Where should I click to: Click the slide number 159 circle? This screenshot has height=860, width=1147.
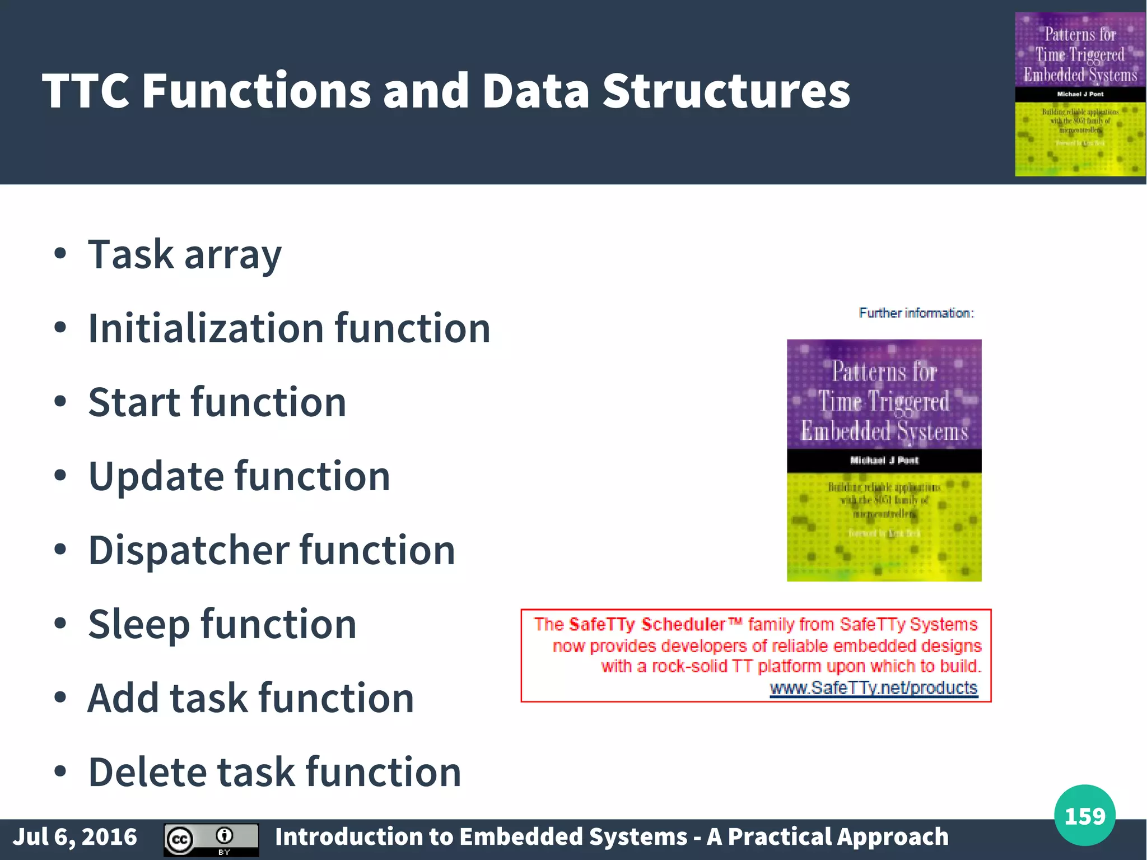pyautogui.click(x=1084, y=815)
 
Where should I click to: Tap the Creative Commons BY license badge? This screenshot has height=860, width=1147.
pyautogui.click(x=211, y=839)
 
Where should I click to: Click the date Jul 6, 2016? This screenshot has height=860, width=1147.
pyautogui.click(x=75, y=836)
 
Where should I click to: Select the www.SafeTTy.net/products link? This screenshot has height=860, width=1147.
pyautogui.click(x=873, y=687)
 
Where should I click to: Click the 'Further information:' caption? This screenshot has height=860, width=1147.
pyautogui.click(x=916, y=313)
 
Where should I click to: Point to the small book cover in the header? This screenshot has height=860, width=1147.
pyautogui.click(x=1080, y=94)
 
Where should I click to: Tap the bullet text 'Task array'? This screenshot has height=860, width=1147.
pyautogui.click(x=185, y=255)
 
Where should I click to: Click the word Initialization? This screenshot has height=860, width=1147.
pyautogui.click(x=206, y=328)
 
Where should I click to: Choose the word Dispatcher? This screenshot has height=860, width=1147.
pyautogui.click(x=188, y=550)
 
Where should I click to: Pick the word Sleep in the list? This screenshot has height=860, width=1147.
pyautogui.click(x=138, y=624)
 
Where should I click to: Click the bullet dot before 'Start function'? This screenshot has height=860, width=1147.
pyautogui.click(x=60, y=402)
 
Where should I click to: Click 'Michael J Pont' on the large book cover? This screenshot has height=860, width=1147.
pyautogui.click(x=884, y=461)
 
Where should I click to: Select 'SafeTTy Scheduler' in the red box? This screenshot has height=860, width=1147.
pyautogui.click(x=647, y=624)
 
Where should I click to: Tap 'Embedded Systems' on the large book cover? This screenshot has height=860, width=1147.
pyautogui.click(x=884, y=431)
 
